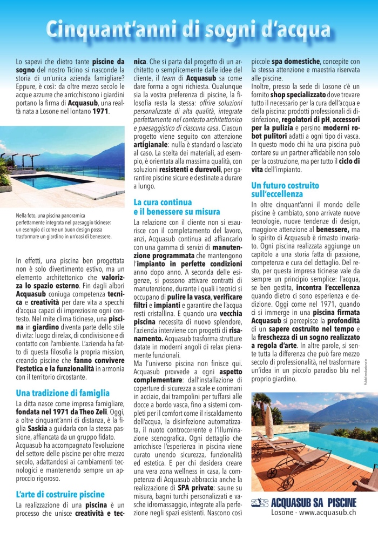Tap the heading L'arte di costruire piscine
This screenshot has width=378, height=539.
[x=60, y=494]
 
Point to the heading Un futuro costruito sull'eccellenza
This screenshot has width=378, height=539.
[x=285, y=189]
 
